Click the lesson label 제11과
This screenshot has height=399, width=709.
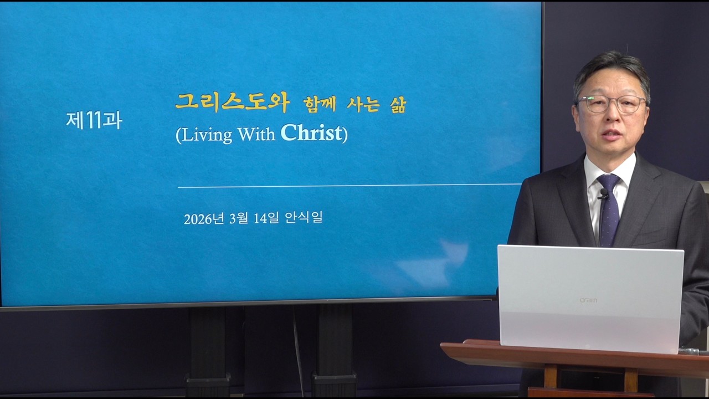(x=94, y=121)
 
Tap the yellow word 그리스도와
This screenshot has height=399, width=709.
(x=233, y=102)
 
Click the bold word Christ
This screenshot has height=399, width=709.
(x=311, y=134)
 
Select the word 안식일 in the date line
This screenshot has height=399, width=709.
(x=304, y=218)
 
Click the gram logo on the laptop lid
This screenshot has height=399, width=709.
(x=588, y=300)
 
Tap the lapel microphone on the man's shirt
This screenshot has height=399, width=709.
(x=603, y=193)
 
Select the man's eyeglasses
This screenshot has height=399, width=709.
(x=612, y=104)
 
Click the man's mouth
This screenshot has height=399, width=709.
(x=612, y=135)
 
